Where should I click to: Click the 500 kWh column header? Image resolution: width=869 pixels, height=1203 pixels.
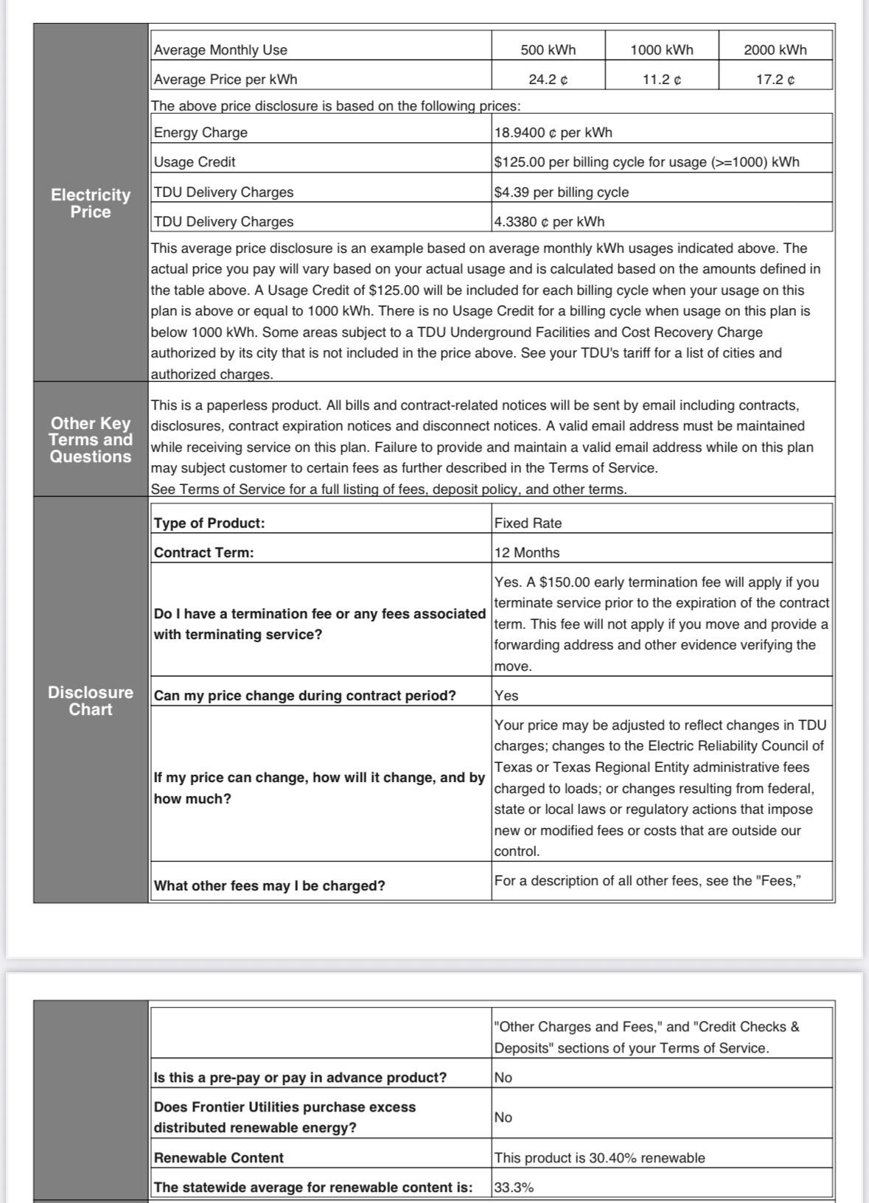pos(548,50)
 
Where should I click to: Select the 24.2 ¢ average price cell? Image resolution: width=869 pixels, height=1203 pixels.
pos(548,80)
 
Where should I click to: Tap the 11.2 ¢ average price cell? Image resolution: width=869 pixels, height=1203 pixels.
pos(661,80)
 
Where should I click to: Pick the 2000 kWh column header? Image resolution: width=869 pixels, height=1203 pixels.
pos(775,50)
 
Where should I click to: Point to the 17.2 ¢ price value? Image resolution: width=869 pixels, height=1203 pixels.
pos(775,80)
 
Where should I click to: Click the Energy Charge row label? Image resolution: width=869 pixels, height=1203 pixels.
pos(200,133)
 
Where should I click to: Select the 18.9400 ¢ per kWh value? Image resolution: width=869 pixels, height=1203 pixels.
pos(553,133)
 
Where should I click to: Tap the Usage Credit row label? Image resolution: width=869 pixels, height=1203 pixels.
pos(195,162)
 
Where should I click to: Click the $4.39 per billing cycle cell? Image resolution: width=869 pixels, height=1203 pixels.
pos(561,192)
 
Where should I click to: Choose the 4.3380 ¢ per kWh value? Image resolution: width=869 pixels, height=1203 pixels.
pos(549,222)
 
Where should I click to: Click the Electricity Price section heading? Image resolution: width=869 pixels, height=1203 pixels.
pos(91,203)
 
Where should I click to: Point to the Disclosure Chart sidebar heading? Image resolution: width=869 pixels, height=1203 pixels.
pos(91,701)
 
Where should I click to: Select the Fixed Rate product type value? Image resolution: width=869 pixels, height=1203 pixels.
pos(528,523)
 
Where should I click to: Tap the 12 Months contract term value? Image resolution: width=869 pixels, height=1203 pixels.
pos(526,553)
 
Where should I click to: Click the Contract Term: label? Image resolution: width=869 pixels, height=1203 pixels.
pos(203,553)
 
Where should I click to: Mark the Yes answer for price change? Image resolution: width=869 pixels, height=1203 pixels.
pos(506,696)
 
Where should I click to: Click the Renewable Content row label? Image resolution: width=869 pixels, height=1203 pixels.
pos(218,1158)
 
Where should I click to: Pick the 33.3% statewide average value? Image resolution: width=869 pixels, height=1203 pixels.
pos(514,1188)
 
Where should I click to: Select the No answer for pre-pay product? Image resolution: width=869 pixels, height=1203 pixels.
pos(503,1078)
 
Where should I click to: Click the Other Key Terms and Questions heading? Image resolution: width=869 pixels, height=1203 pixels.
pos(91,440)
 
